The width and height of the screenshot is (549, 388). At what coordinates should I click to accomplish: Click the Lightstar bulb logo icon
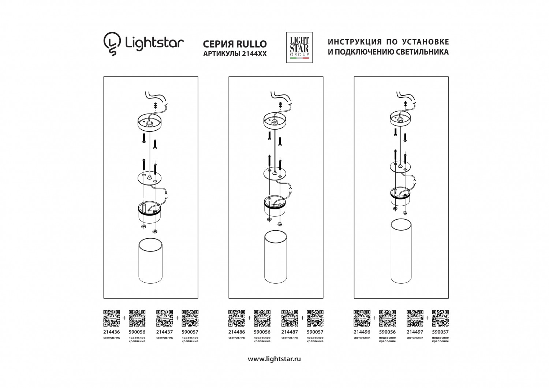[x=112, y=44]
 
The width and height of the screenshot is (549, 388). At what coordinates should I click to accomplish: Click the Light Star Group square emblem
[x=299, y=47]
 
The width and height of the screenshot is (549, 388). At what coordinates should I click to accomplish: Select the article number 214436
[x=112, y=332]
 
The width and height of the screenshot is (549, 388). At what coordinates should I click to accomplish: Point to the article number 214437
[x=164, y=332]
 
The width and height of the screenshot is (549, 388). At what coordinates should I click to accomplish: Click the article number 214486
[x=236, y=332]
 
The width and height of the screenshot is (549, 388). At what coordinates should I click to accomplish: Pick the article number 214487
[x=290, y=332]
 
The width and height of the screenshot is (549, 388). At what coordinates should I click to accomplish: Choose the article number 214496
[x=362, y=332]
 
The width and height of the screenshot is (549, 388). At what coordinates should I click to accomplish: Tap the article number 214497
[x=415, y=332]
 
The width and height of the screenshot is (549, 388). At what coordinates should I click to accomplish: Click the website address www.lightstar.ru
[x=274, y=359]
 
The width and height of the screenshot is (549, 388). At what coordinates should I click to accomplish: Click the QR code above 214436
[x=112, y=318]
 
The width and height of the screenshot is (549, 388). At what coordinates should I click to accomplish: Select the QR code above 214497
[x=415, y=318]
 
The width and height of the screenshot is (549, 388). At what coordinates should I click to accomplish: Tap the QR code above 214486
[x=236, y=318]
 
